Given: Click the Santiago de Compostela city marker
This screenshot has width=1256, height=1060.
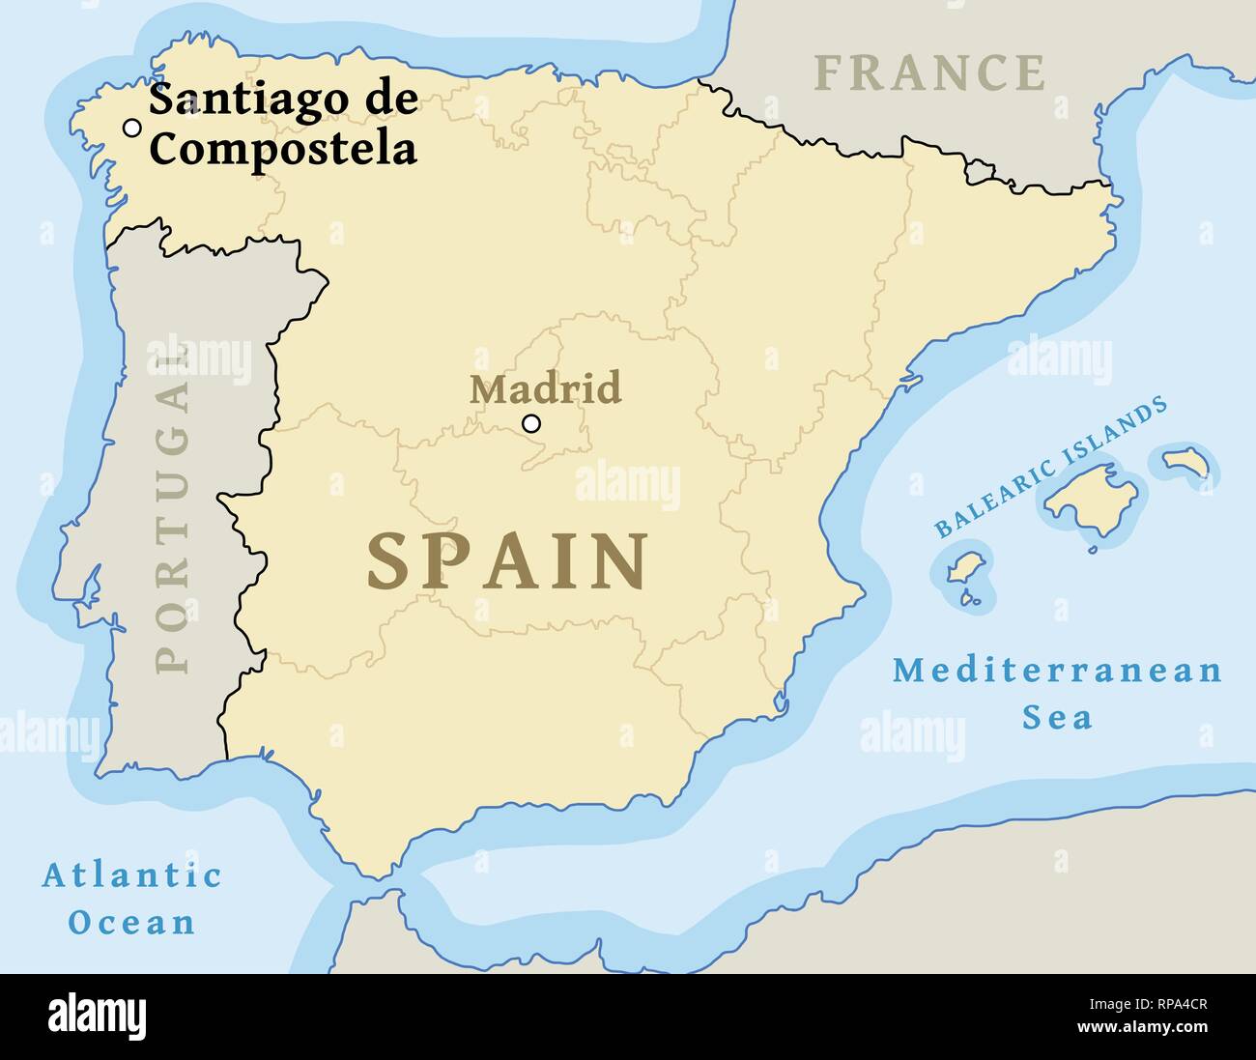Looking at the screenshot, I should [131, 128].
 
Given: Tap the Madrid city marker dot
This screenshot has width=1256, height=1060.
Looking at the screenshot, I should [530, 423].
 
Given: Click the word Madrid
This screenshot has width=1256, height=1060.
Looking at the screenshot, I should [545, 388].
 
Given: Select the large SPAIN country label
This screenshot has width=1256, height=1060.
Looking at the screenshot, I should [507, 561].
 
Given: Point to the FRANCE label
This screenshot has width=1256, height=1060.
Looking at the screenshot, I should [929, 73].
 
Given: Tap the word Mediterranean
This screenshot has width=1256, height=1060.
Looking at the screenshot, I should [1057, 671].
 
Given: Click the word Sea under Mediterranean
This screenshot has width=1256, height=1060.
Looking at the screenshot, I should [1057, 717].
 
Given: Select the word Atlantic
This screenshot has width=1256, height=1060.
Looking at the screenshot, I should [132, 876].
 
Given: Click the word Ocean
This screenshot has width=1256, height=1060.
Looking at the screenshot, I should [132, 922].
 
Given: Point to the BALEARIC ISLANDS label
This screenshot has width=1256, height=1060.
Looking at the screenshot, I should [1050, 469].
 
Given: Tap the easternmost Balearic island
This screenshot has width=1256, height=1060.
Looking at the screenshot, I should [1186, 463].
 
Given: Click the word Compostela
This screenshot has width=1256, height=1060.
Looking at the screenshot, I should [284, 149].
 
